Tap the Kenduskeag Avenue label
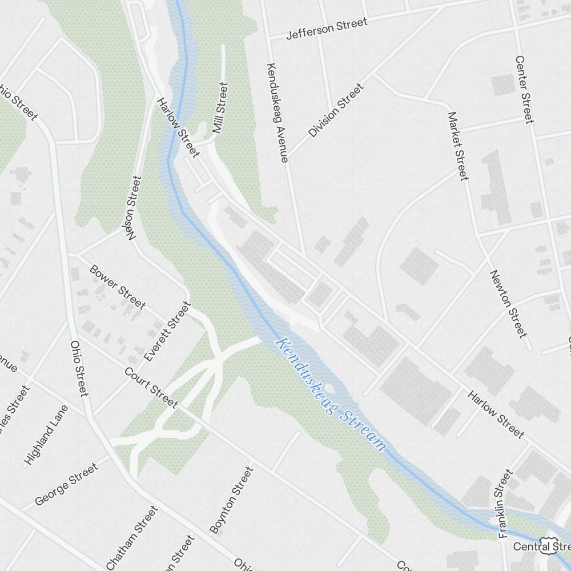(277, 112)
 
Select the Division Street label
(336, 110)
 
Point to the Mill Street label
(220, 107)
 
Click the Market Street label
(457, 146)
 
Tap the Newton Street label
(507, 303)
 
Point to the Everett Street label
(167, 332)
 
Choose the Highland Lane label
(46, 434)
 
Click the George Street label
(66, 484)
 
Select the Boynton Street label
(231, 500)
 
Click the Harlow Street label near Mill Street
(178, 127)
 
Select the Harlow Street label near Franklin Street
(496, 414)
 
